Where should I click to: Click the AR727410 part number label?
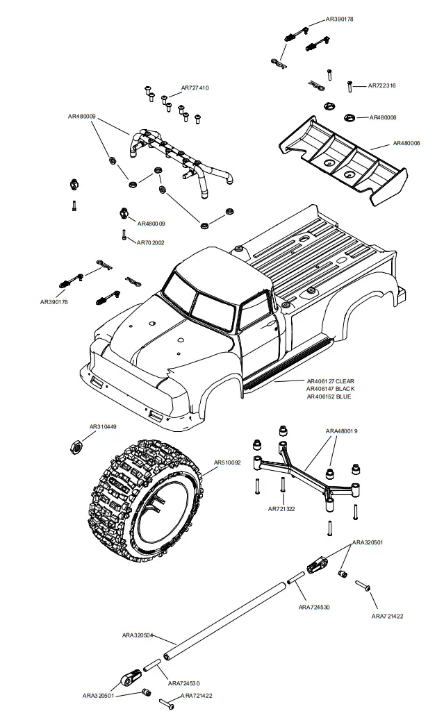[x=195, y=88]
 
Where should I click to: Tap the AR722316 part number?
[x=381, y=85]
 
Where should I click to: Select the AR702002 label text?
[x=150, y=242]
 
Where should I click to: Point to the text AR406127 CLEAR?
[x=330, y=381]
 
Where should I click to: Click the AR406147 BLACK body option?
[x=330, y=389]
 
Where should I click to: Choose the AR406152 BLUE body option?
[x=329, y=396]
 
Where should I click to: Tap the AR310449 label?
[x=103, y=427]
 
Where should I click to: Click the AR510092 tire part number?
[x=227, y=462]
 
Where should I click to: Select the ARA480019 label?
[x=341, y=431]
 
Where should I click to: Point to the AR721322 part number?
[x=281, y=509]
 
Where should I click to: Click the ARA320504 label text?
[x=138, y=635]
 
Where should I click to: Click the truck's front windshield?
[x=181, y=294]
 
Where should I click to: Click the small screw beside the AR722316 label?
[x=352, y=86]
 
